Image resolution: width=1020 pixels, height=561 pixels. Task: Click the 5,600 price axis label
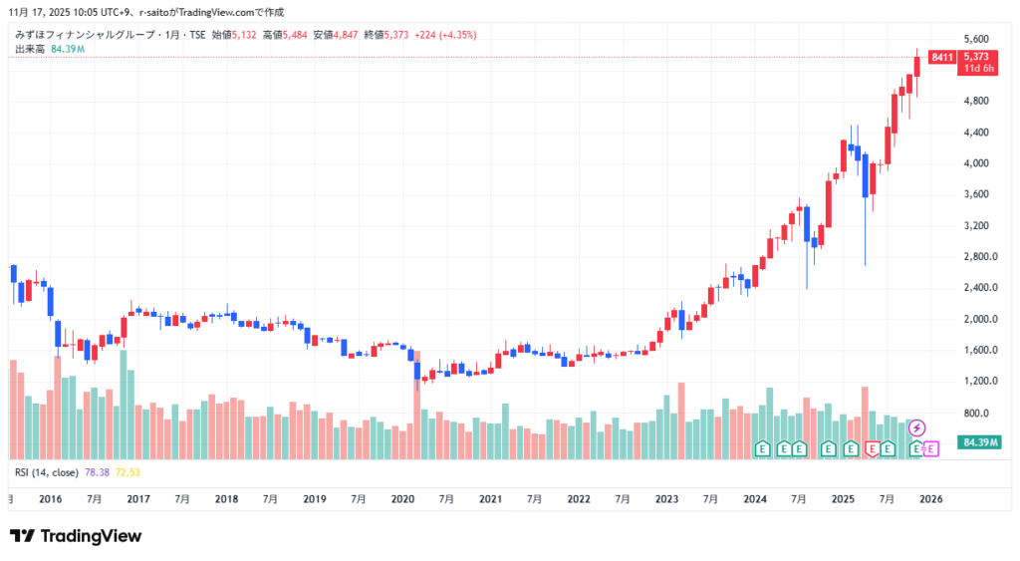[x=978, y=38]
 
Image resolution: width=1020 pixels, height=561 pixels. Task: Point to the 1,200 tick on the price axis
[x=978, y=382]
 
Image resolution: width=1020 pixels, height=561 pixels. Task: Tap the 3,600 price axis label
[x=978, y=194]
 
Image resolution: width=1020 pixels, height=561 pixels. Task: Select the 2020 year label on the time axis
[x=402, y=498]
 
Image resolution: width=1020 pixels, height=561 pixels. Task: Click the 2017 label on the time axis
[x=138, y=498]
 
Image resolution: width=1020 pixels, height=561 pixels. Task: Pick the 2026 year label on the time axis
[x=930, y=498]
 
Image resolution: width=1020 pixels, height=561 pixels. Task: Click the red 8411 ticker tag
[x=941, y=58]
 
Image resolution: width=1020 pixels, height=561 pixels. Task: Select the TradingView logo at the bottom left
[x=76, y=536]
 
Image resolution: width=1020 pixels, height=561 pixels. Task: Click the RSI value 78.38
[x=98, y=471]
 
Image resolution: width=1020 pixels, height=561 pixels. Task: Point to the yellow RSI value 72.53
[x=128, y=471]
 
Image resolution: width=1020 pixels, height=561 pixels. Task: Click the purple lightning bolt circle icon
[x=917, y=427]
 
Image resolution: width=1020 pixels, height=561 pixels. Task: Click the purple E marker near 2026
[x=931, y=449]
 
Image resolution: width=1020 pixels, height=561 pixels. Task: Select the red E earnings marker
[x=873, y=449]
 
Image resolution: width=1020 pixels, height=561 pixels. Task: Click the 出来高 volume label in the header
[x=30, y=49]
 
